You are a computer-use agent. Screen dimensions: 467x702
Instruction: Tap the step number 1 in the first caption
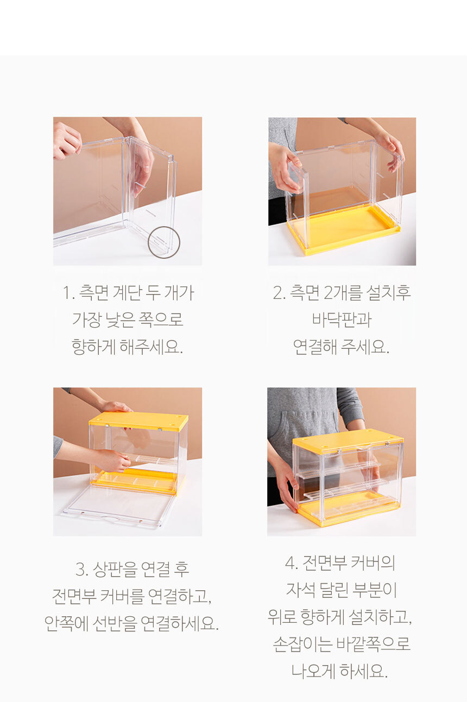[x=66, y=293]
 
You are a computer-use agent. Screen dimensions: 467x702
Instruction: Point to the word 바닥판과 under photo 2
[x=342, y=320]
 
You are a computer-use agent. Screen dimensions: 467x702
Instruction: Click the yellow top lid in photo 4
[x=348, y=439]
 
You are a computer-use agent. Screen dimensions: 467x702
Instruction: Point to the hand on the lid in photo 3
[x=116, y=407]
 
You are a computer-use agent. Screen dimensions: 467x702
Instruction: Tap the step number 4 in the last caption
[x=290, y=563]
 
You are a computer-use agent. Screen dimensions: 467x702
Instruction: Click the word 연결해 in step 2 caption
[x=315, y=347]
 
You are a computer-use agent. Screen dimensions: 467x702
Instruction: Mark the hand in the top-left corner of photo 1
[x=67, y=141]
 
